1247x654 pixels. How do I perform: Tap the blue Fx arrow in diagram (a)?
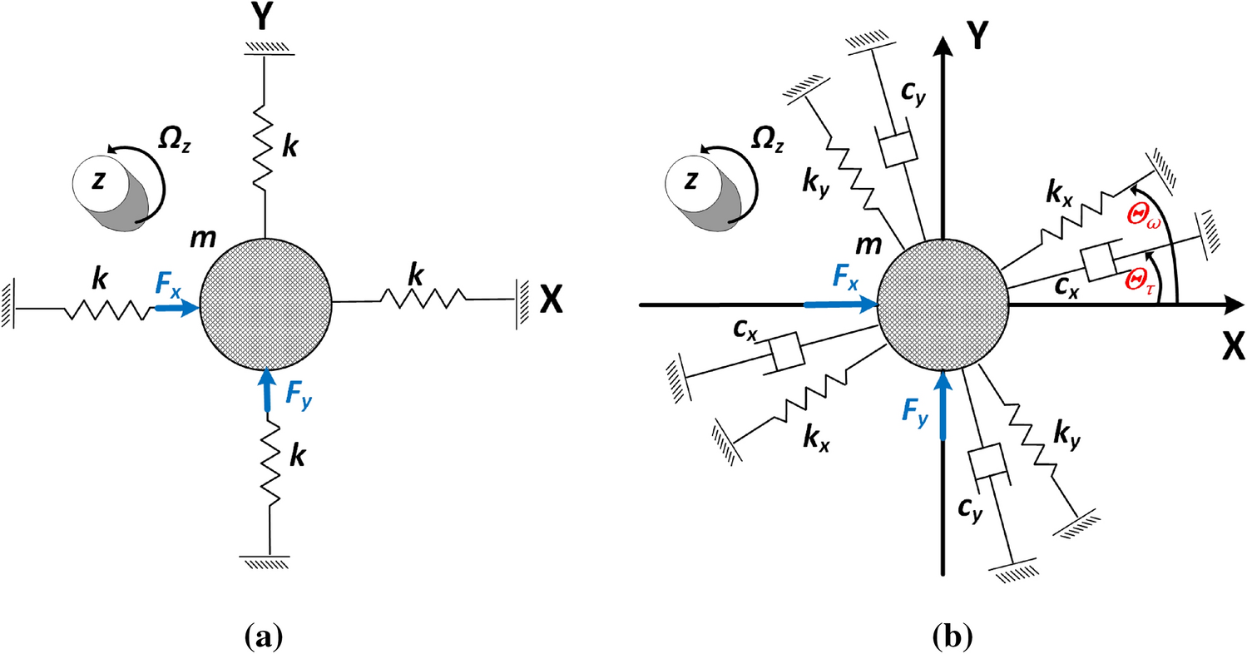[x=176, y=309]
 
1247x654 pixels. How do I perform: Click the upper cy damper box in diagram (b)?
[x=898, y=151]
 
